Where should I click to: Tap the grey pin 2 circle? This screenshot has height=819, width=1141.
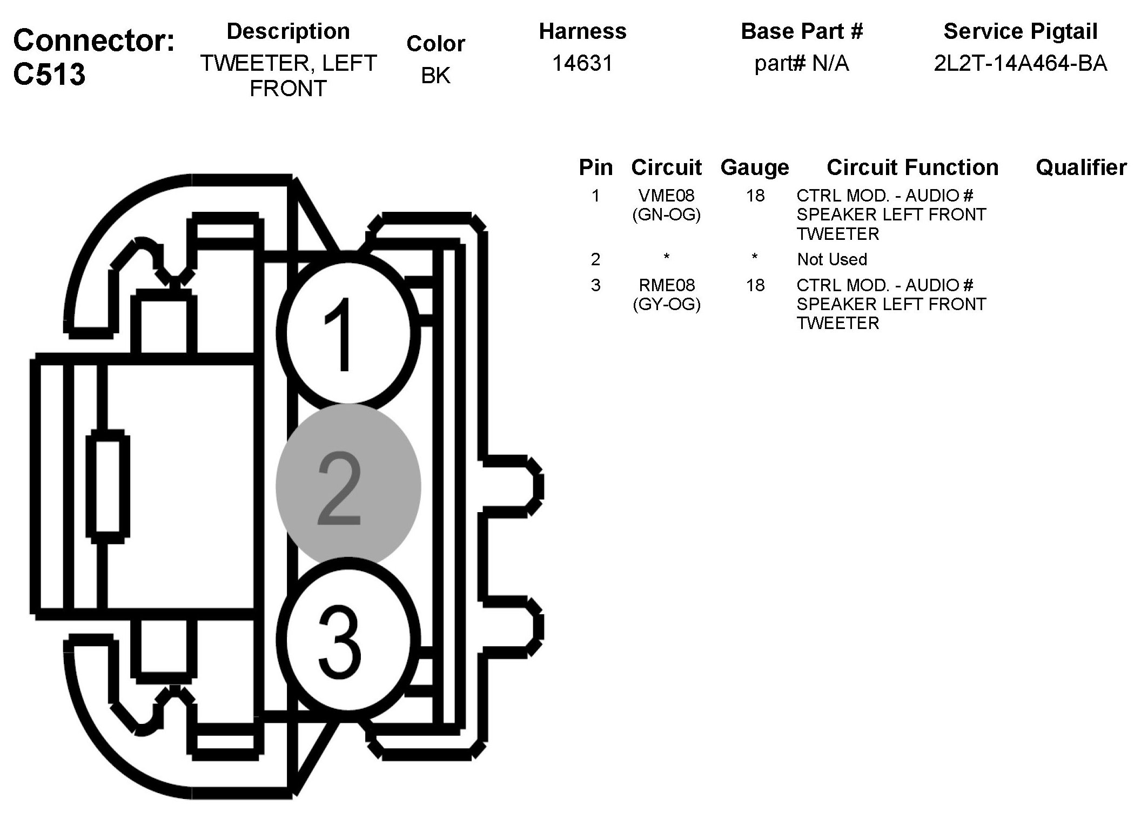click(x=348, y=485)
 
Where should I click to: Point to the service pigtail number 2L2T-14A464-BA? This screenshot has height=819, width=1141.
click(x=1020, y=64)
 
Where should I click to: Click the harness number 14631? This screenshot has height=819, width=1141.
click(x=582, y=64)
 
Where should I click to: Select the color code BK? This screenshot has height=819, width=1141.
click(x=435, y=76)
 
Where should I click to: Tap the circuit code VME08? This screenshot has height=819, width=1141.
click(x=666, y=195)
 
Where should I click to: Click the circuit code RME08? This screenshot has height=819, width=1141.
click(x=666, y=285)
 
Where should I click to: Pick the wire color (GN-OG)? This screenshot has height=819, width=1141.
click(x=666, y=215)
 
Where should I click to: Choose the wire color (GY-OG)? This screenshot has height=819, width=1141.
click(x=666, y=305)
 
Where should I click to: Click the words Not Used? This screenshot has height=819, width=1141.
click(x=832, y=259)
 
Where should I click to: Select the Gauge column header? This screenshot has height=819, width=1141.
click(x=755, y=168)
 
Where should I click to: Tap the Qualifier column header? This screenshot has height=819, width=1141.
click(x=1081, y=167)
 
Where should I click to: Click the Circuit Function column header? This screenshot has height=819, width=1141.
click(x=912, y=167)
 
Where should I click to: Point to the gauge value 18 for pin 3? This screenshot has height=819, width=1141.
click(x=755, y=285)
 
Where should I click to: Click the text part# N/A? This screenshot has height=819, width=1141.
click(x=802, y=64)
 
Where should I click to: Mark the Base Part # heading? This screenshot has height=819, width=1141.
click(x=802, y=31)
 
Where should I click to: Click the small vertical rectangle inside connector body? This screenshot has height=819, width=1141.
click(x=108, y=486)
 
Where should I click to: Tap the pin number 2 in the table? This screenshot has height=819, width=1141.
click(x=595, y=259)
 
